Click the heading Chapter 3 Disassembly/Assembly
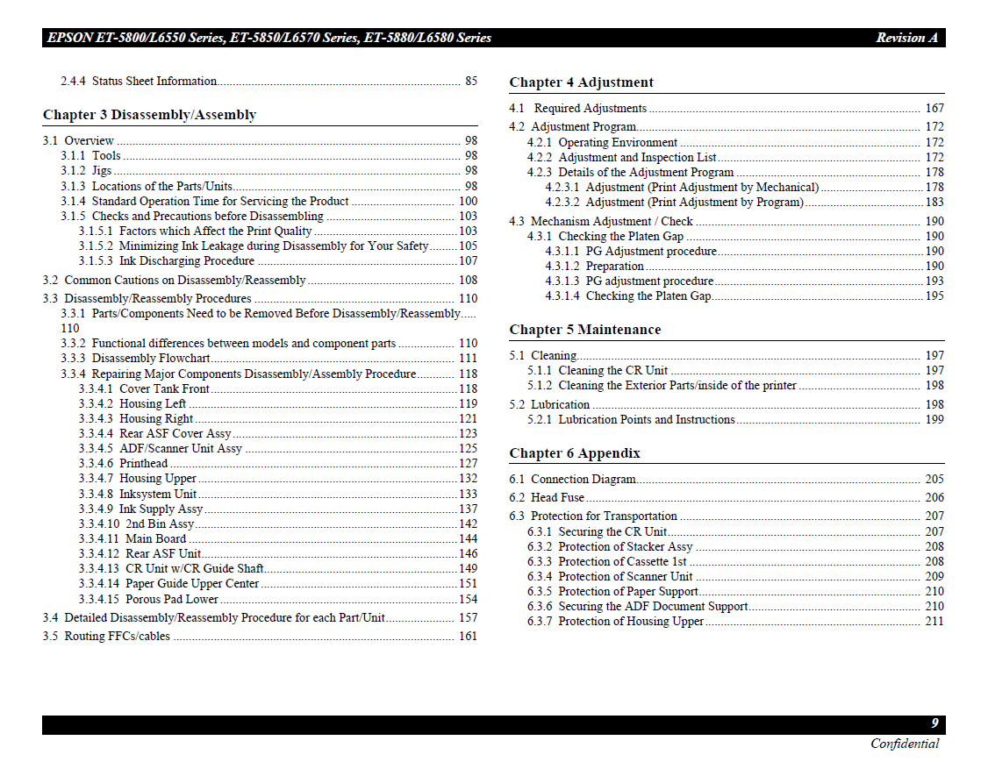click(149, 115)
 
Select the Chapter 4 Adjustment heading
click(581, 82)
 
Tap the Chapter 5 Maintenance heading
click(584, 330)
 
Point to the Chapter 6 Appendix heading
click(575, 453)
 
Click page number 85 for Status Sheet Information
click(471, 82)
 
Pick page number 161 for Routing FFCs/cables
click(468, 636)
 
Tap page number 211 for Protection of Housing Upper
click(934, 621)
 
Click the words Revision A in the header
click(906, 38)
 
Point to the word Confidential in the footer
click(905, 744)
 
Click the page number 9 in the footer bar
click(935, 723)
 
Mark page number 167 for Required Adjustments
click(934, 108)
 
